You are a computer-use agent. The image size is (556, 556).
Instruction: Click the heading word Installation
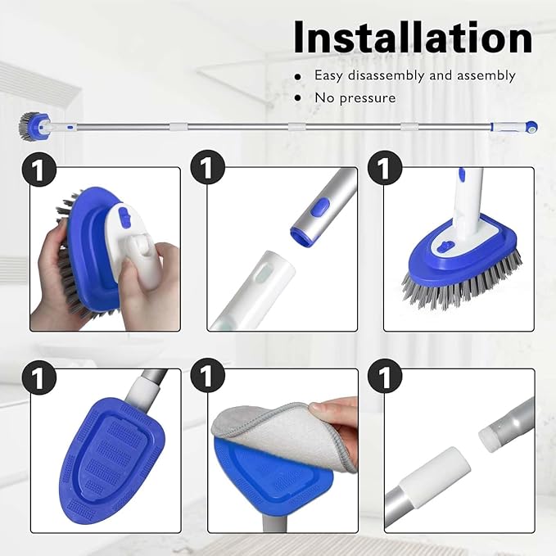coord(413,37)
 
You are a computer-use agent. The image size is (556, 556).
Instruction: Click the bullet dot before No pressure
coord(297,98)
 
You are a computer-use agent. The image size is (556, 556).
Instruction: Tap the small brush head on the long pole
coord(29,125)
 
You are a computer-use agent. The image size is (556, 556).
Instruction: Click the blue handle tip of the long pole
coord(530,128)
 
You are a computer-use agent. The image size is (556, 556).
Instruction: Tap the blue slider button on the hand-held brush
coord(124,215)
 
